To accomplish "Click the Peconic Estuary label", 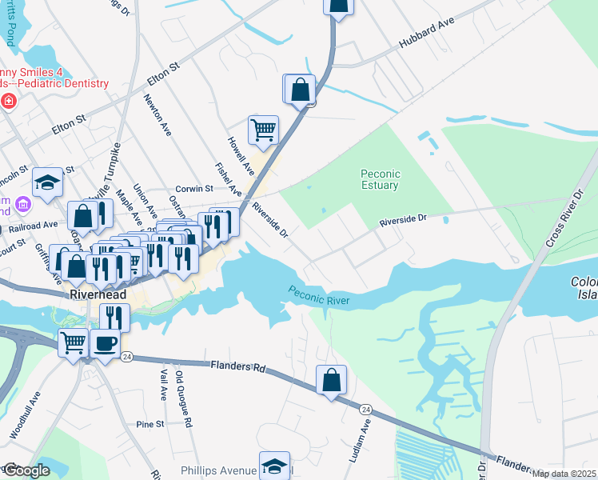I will coord(380,180).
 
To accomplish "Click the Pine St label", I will coord(149,424).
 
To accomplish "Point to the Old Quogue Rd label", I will coord(184,398).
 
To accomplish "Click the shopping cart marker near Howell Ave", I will coord(263,129).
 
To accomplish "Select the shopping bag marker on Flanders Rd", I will coord(331,379).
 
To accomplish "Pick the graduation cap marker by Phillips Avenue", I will coord(274,466).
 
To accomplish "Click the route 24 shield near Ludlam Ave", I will coord(365,409).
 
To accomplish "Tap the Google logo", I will coord(26,470).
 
